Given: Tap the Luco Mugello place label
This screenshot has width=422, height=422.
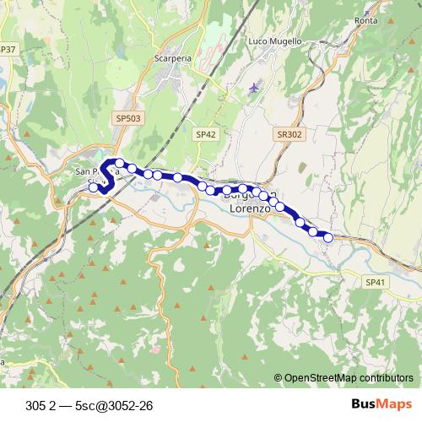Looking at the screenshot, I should pyautogui.click(x=269, y=41).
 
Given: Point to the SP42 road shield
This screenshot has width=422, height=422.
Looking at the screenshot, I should pyautogui.click(x=206, y=133).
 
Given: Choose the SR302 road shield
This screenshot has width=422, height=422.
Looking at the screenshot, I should pyautogui.click(x=288, y=133).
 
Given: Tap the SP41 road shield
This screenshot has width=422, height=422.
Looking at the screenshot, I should pyautogui.click(x=376, y=282).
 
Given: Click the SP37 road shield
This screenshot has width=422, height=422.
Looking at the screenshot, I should pyautogui.click(x=8, y=50).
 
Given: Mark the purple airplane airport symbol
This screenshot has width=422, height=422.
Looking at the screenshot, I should pyautogui.click(x=256, y=87).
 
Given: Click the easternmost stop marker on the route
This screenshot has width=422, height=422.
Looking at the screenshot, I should pyautogui.click(x=328, y=238).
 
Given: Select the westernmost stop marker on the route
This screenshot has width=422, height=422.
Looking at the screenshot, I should pyautogui.click(x=94, y=187).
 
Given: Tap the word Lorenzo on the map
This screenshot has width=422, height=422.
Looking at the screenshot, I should pyautogui.click(x=244, y=208).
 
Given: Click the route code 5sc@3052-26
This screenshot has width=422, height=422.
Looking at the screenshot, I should pyautogui.click(x=113, y=405).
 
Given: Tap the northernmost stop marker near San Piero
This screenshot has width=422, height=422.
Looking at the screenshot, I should pyautogui.click(x=121, y=163).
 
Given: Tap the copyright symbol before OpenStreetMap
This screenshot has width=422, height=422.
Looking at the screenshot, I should pyautogui.click(x=279, y=377).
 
